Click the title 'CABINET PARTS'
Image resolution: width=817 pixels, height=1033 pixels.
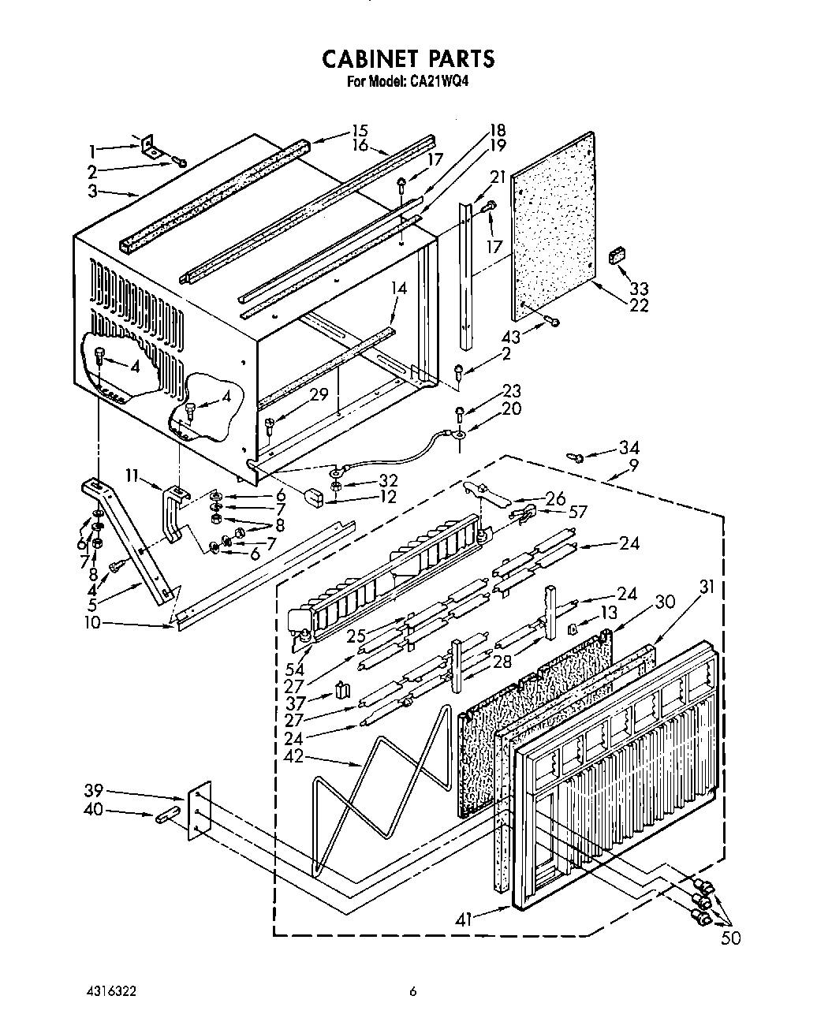point(408,58)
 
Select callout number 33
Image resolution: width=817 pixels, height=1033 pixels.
point(638,289)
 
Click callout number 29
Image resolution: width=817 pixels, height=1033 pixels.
point(318,395)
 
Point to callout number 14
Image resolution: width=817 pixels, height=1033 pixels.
point(399,289)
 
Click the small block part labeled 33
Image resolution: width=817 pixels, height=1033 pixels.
point(617,255)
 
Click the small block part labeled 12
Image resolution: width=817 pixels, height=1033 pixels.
point(315,498)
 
